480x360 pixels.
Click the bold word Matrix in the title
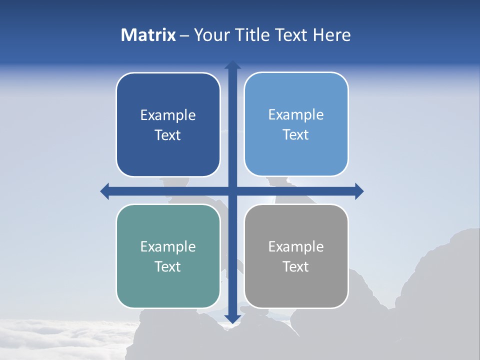pyautogui.click(x=148, y=34)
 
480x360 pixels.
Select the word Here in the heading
pyautogui.click(x=332, y=34)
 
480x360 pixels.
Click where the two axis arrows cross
pyautogui.click(x=232, y=191)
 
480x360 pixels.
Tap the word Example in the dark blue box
pyautogui.click(x=168, y=115)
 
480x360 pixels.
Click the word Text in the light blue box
pyautogui.click(x=296, y=134)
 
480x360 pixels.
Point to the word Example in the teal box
pyautogui.click(x=168, y=246)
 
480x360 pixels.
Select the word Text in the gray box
pyautogui.click(x=296, y=266)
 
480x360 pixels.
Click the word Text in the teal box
pyautogui.click(x=168, y=266)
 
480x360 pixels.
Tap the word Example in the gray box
pyautogui.click(x=296, y=246)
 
